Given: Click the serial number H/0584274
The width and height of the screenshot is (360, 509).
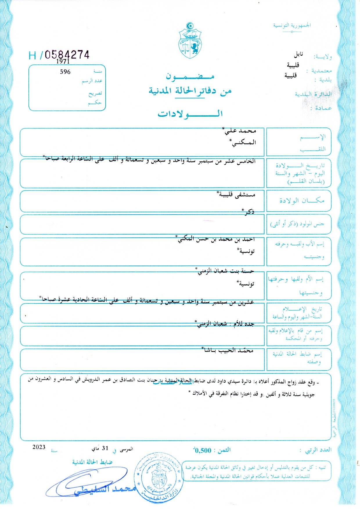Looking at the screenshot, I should point(59,55).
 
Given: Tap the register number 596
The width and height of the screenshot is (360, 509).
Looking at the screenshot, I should point(65,72).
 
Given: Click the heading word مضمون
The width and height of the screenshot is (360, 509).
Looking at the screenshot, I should point(190,76).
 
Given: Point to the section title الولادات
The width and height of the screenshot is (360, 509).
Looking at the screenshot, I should point(190,114).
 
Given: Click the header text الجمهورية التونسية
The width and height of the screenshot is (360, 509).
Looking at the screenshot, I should point(292,25).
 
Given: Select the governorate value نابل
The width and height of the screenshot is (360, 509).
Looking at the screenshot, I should point(298,54).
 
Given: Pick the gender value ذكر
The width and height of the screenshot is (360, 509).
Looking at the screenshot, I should point(249,212).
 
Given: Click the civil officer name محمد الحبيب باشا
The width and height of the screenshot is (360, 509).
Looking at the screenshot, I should point(228,350).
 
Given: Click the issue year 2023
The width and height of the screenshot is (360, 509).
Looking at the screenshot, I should point(39,447).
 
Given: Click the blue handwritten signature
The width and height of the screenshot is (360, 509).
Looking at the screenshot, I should point(87,483).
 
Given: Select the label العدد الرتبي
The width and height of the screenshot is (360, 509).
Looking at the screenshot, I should point(318,450).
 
